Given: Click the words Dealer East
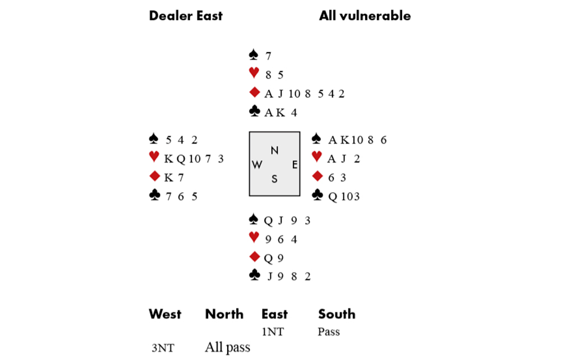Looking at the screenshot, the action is click(x=186, y=16).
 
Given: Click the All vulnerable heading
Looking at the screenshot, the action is click(x=365, y=16).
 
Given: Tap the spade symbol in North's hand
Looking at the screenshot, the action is click(x=254, y=55).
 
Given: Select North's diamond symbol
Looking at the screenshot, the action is click(x=254, y=92).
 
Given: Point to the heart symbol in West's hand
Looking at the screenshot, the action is click(x=154, y=156).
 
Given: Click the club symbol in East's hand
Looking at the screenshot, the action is click(x=318, y=195).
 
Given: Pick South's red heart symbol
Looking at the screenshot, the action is click(x=254, y=237).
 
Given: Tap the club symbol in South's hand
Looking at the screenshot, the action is click(x=254, y=275).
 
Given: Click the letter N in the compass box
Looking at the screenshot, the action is click(x=274, y=150).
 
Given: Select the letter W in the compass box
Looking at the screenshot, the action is click(x=257, y=165).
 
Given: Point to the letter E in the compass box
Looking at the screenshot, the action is click(x=295, y=165).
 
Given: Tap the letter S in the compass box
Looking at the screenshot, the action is click(x=274, y=179).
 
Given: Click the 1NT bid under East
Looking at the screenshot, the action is click(x=273, y=332).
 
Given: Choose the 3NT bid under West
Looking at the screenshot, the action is click(x=163, y=348).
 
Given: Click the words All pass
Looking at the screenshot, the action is click(x=228, y=348).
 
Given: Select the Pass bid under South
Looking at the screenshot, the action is click(x=328, y=332).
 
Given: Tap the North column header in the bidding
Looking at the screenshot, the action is click(x=224, y=314).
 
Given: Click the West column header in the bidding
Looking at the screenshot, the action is click(x=165, y=314).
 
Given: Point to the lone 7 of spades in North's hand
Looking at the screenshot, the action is click(x=268, y=56).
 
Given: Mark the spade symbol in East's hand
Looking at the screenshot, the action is click(x=316, y=139).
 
